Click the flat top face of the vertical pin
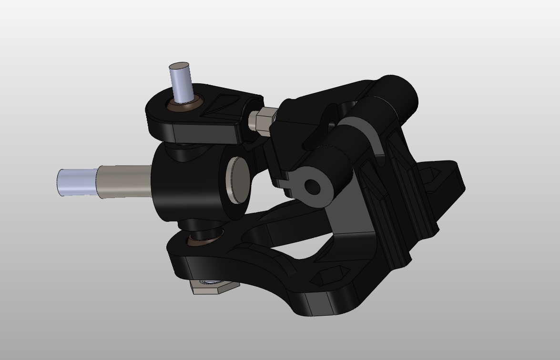179,66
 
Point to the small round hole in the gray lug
312,187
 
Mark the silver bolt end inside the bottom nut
208,282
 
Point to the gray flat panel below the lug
350,214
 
